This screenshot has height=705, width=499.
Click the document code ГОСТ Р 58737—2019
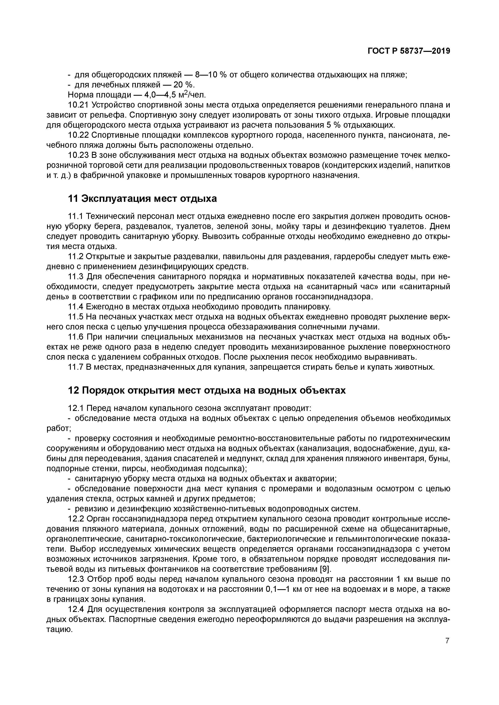(x=409, y=51)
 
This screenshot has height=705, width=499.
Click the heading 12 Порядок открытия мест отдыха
(x=207, y=390)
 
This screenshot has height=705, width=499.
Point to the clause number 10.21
(x=78, y=105)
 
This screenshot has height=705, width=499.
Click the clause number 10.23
(x=78, y=155)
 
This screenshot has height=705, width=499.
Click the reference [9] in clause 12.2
(x=326, y=569)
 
